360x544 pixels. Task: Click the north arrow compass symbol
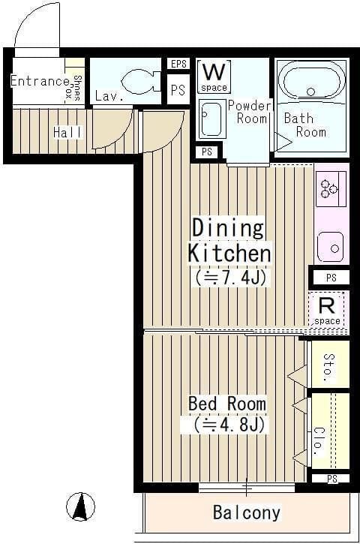pos(80,506)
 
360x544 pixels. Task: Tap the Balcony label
pos(247,512)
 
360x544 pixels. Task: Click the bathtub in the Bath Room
pos(314,81)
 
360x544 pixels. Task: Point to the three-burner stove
pos(331,189)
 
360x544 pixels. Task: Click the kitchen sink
pos(331,246)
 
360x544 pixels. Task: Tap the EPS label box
pos(178,64)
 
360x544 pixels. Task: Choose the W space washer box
pos(214,77)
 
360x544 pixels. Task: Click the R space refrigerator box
pos(327,310)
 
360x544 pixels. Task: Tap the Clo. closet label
pos(319,440)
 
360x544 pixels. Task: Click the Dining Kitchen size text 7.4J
pos(230,278)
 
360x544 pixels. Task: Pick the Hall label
pos(67,132)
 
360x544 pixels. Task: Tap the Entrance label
pos(40,81)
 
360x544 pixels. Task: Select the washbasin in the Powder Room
pos(211,119)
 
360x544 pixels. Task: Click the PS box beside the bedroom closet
pos(332,479)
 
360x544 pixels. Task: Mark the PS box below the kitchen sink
pos(331,278)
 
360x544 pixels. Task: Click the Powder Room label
pos(250,112)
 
